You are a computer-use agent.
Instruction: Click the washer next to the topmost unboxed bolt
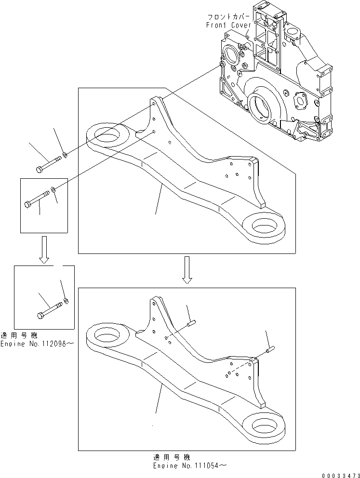(64, 155)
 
